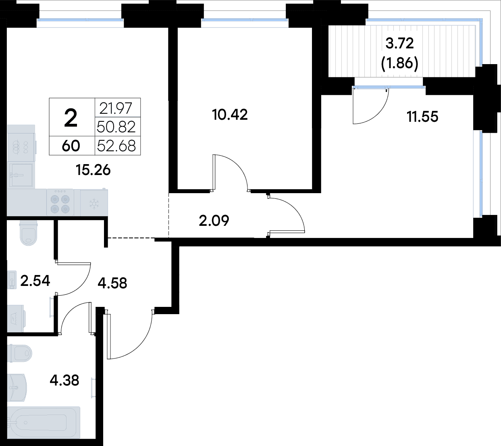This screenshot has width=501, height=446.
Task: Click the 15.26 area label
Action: [93, 170]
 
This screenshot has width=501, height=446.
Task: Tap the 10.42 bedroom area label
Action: [230, 115]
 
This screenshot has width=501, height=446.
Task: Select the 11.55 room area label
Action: [422, 117]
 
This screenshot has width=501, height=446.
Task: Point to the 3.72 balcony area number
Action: [399, 44]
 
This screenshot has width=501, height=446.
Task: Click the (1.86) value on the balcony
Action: [399, 64]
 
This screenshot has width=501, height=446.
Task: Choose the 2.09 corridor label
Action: [214, 221]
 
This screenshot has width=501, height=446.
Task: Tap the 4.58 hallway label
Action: [112, 283]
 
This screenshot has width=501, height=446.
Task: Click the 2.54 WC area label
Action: [35, 281]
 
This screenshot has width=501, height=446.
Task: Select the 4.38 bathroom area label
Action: [64, 380]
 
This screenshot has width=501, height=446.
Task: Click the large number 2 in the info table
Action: [71, 119]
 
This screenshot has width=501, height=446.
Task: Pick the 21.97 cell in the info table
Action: [116, 108]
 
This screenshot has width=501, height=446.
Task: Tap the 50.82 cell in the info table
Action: [116, 127]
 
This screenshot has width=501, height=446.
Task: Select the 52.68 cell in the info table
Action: [116, 146]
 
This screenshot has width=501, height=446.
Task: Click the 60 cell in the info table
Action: [71, 146]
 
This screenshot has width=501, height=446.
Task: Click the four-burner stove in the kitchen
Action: [60, 202]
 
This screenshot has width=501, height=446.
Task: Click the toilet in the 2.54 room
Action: [29, 234]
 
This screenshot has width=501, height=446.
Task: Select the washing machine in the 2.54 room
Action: [16, 319]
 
